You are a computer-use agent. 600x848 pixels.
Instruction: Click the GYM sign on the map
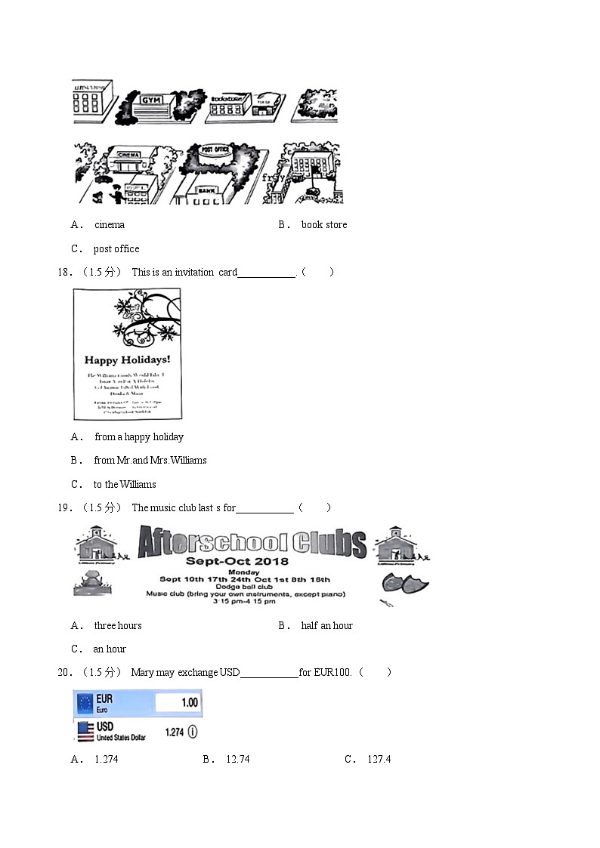152,100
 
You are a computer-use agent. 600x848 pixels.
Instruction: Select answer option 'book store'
324,224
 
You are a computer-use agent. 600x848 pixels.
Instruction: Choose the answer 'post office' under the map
116,248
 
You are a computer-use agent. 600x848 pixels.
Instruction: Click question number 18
64,272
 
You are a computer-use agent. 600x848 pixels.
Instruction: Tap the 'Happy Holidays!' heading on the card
127,360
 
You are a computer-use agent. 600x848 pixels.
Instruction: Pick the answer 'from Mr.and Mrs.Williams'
150,460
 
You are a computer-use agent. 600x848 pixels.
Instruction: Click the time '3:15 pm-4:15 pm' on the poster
244,601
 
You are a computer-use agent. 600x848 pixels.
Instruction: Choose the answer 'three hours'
118,625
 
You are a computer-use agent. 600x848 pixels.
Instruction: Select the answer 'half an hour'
326,625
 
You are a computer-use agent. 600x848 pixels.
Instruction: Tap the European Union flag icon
85,704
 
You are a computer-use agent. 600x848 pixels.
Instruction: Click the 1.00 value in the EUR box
190,702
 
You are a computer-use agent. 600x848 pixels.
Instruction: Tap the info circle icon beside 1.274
193,732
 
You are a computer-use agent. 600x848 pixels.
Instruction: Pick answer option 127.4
379,759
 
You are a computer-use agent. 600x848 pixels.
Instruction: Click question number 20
64,672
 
